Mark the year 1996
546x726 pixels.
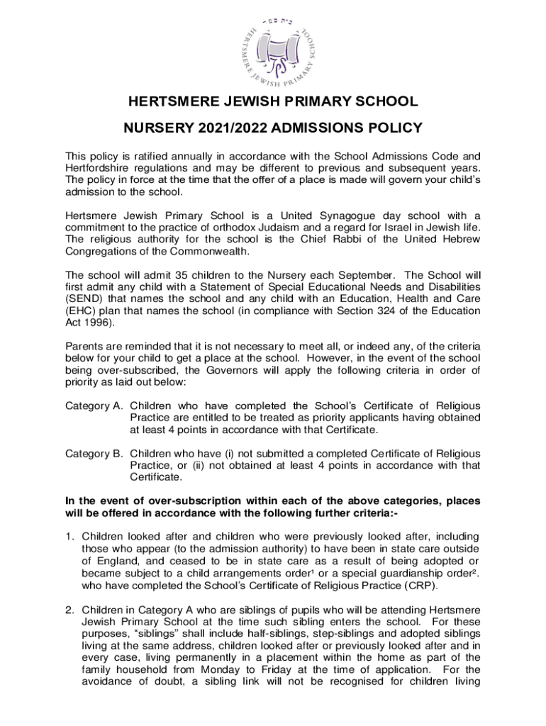96,323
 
